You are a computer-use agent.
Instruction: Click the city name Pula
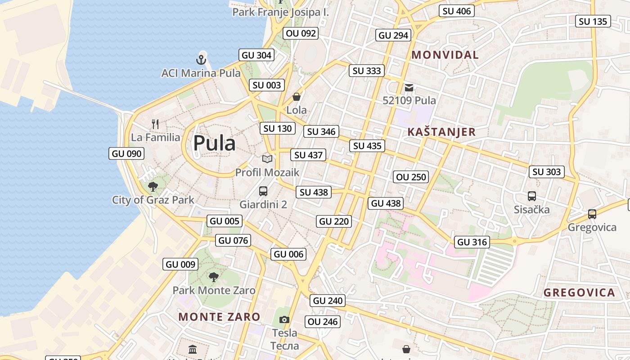tap(214, 143)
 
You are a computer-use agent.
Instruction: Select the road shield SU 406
tap(457, 11)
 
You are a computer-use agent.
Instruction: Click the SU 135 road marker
tap(593, 21)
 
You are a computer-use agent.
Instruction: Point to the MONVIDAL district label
tap(445, 55)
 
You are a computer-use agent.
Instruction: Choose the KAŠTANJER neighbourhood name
tap(441, 132)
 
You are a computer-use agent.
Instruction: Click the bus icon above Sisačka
tap(531, 196)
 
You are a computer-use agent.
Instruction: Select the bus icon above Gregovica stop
tap(592, 214)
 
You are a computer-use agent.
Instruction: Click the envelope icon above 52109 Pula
tap(409, 88)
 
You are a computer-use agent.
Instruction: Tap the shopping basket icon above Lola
tap(297, 97)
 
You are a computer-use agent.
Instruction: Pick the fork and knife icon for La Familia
tap(155, 124)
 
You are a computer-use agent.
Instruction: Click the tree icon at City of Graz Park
tap(153, 186)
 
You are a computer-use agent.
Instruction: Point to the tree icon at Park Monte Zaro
tap(214, 277)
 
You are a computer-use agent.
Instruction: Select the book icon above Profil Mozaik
tap(267, 159)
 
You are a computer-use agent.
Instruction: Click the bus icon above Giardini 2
tap(263, 191)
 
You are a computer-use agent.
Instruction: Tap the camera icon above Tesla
tap(284, 319)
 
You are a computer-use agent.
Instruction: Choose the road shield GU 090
tap(127, 153)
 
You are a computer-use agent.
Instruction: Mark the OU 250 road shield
tap(411, 177)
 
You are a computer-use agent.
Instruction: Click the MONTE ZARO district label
tap(219, 317)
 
